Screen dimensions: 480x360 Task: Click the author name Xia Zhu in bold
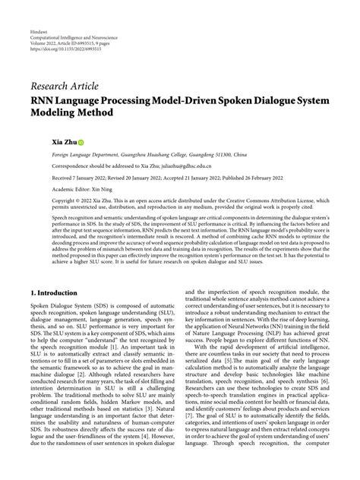point(45,141)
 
